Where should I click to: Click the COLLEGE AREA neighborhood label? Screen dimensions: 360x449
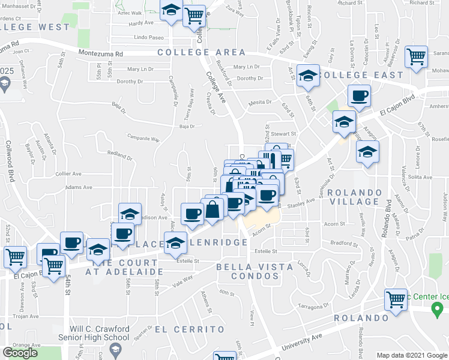(202, 53)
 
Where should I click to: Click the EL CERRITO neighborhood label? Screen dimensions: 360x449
(190, 329)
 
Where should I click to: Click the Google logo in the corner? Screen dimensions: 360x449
(20, 353)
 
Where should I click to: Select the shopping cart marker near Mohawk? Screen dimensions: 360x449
(416, 57)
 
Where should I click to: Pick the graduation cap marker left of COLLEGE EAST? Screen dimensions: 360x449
(308, 76)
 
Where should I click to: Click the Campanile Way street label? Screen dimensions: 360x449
(143, 139)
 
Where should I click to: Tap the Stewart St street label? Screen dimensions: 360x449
(283, 134)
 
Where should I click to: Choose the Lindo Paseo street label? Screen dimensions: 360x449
(149, 38)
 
